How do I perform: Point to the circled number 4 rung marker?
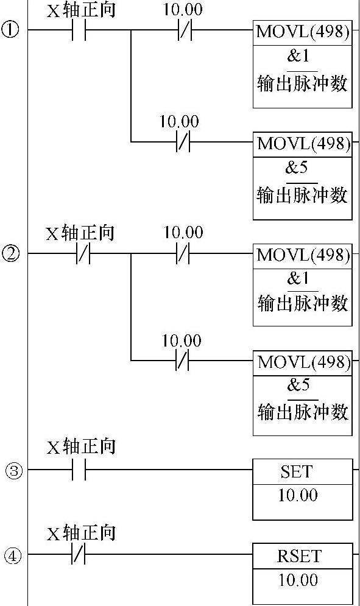coord(13,555)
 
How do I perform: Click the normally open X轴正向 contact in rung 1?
coord(79,30)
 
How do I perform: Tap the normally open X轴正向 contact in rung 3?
coord(79,470)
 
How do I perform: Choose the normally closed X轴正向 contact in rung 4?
coord(79,554)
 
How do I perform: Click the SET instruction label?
coord(297,471)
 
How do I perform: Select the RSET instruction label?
coord(299,556)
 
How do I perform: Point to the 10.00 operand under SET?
coord(298,496)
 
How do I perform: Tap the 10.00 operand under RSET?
coord(298,580)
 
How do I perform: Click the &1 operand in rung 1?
coord(298,57)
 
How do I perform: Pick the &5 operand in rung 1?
coord(297,167)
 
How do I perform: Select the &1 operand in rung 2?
coord(298,278)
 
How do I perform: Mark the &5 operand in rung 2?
coord(298,385)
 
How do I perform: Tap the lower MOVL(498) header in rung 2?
coord(304,362)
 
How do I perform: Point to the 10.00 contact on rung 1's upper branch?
coord(185,30)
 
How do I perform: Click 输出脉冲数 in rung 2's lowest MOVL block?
coord(303,412)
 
